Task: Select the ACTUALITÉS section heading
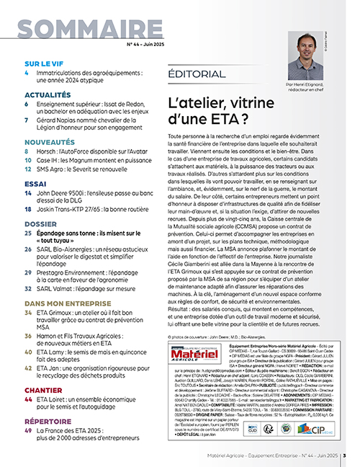(x=48, y=94)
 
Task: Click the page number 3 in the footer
(x=344, y=455)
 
